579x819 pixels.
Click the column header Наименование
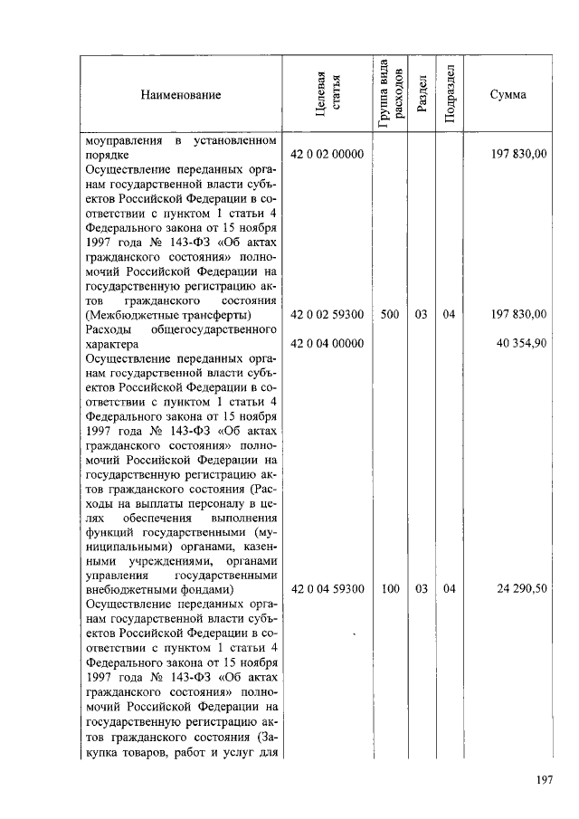coord(180,95)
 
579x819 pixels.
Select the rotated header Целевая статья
coord(327,95)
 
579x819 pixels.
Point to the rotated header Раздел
coord(422,95)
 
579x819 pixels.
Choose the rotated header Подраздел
coord(450,95)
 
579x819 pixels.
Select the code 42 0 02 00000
coord(327,156)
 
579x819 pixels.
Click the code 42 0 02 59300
coord(327,315)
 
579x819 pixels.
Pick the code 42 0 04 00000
coord(327,343)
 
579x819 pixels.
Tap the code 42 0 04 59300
coord(327,589)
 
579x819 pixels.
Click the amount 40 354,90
coord(520,343)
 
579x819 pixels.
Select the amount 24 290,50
coord(520,589)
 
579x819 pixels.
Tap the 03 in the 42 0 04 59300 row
coord(422,589)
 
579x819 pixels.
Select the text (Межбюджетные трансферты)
coord(167,315)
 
